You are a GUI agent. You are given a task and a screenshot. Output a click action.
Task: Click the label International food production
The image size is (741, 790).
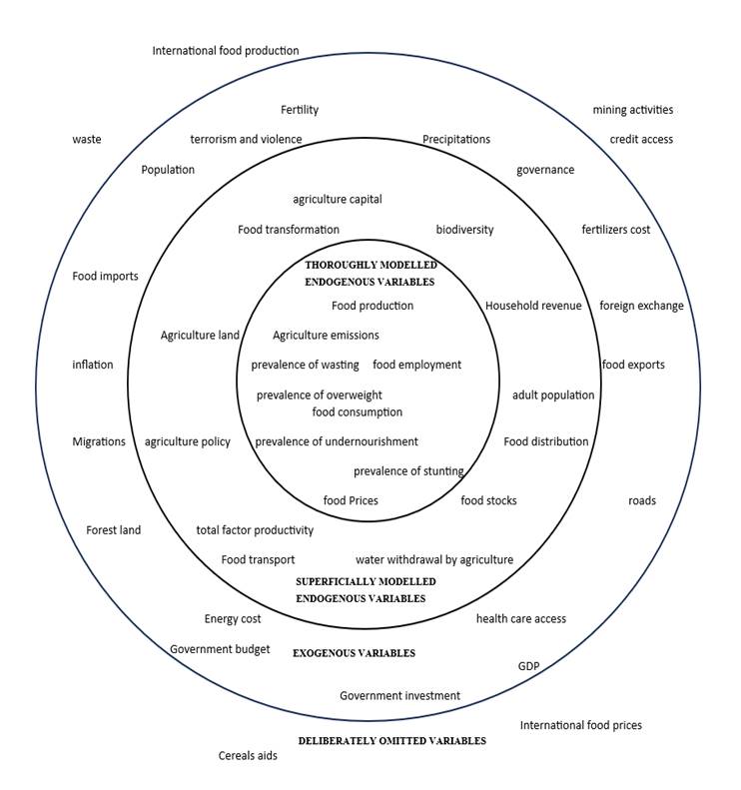tap(225, 51)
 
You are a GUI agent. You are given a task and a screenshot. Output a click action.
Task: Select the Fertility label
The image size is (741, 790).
tap(299, 110)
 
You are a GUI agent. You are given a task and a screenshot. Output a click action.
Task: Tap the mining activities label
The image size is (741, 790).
tap(632, 110)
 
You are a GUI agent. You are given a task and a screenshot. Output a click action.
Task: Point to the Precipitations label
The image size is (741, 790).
tap(455, 140)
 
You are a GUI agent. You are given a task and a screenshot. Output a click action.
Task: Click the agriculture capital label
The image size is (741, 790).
tap(337, 199)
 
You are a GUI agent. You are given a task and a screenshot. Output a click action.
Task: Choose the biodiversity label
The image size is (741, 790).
tap(464, 229)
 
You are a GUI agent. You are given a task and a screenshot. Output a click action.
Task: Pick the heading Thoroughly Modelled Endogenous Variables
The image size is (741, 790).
tap(370, 274)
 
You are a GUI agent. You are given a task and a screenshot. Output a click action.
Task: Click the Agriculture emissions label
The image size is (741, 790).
tap(326, 336)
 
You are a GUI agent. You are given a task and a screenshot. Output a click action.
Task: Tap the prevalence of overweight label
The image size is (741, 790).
tap(319, 395)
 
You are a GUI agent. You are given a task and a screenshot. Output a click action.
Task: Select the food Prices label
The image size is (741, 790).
tap(351, 500)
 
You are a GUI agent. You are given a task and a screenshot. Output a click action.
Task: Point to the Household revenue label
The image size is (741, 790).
tap(532, 306)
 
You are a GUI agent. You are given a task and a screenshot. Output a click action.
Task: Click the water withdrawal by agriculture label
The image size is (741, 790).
tap(433, 560)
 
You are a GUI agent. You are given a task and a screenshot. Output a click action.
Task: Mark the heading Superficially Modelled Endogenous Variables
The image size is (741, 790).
tap(366, 589)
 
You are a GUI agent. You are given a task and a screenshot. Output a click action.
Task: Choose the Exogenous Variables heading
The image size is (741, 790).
tap(353, 653)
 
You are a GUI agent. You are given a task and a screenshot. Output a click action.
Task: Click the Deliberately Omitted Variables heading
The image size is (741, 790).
tap(391, 741)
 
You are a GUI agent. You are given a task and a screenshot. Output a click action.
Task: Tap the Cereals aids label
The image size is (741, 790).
tap(248, 756)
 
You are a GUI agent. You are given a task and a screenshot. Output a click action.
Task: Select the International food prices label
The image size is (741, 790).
tap(580, 725)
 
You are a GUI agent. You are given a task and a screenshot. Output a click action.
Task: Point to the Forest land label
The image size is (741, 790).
tap(113, 530)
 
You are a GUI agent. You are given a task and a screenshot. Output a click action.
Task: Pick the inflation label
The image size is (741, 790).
tap(93, 366)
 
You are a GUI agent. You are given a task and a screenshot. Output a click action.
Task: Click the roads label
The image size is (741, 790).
tap(641, 500)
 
